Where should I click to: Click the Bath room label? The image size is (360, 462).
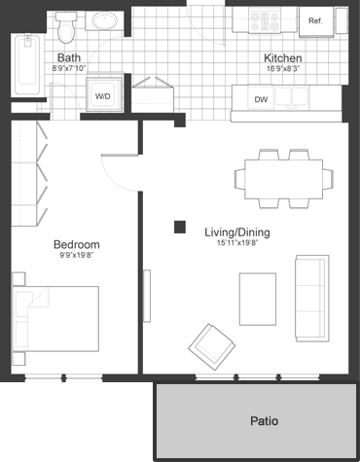click(68, 57)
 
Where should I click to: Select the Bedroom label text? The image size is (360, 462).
click(77, 245)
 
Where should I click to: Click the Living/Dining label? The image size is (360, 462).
click(236, 232)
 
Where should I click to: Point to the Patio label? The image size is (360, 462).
click(264, 421)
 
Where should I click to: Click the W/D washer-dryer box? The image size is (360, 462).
click(103, 96)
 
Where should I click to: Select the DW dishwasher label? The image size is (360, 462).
click(261, 99)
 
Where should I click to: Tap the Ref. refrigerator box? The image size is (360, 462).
click(315, 21)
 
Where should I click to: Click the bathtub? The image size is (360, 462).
click(26, 66)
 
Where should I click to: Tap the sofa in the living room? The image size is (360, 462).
click(311, 299)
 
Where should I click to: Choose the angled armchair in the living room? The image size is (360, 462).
click(212, 343)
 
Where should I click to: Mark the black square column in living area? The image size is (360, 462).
click(180, 228)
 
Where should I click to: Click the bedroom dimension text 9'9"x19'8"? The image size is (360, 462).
click(77, 258)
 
